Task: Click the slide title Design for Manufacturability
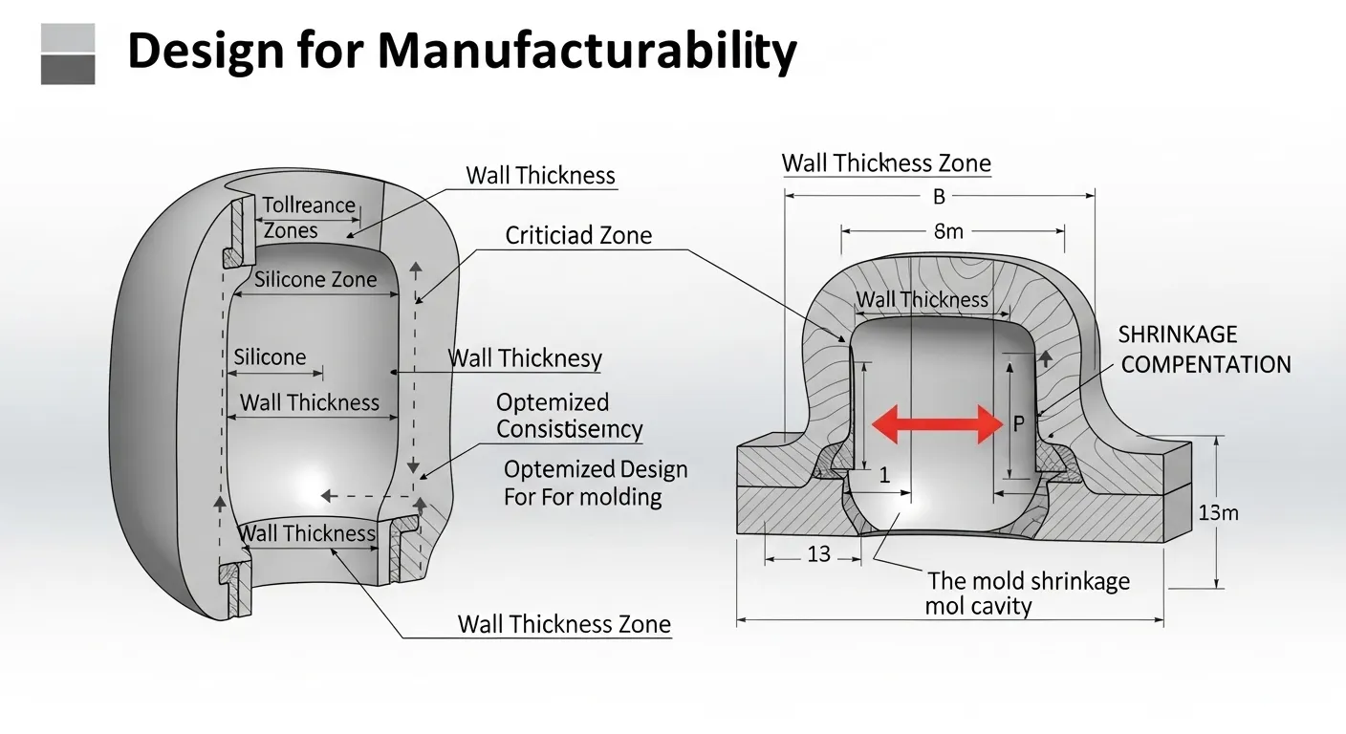point(461,52)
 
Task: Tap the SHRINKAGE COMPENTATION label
point(1205,349)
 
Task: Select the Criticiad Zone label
point(578,235)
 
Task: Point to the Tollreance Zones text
point(308,218)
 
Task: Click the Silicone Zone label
point(315,280)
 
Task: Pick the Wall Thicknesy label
point(525,358)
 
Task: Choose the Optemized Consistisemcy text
point(569,416)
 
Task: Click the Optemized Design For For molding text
point(595,483)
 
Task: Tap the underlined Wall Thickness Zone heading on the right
point(886,163)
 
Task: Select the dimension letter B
point(939,196)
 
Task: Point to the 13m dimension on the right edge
point(1218,513)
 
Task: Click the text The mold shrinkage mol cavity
point(1028,593)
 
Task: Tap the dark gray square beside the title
point(68,69)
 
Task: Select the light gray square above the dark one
point(68,37)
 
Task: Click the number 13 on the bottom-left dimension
point(819,553)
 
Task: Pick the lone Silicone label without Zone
point(270,357)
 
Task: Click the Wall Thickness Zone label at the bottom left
point(564,625)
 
